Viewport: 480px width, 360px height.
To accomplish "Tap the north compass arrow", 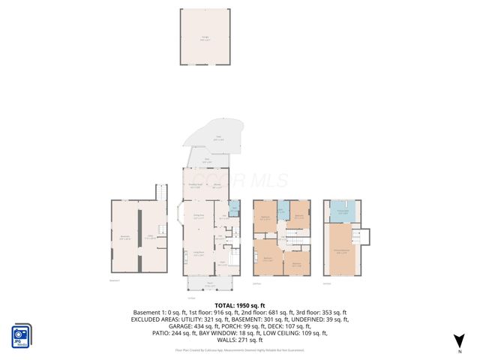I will pos(459,343).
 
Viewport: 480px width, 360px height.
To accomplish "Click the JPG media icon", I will pos(21,336).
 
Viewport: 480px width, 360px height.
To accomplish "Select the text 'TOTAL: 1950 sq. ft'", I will pos(240,305).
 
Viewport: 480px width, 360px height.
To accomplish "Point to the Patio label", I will pos(218,139).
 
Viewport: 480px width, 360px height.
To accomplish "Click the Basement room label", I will pos(125,238).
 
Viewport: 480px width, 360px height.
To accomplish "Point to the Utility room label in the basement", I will pos(149,237).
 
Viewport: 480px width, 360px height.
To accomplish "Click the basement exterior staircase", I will pos(160,193).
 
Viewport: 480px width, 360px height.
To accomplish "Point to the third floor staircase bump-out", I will pos(366,235).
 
